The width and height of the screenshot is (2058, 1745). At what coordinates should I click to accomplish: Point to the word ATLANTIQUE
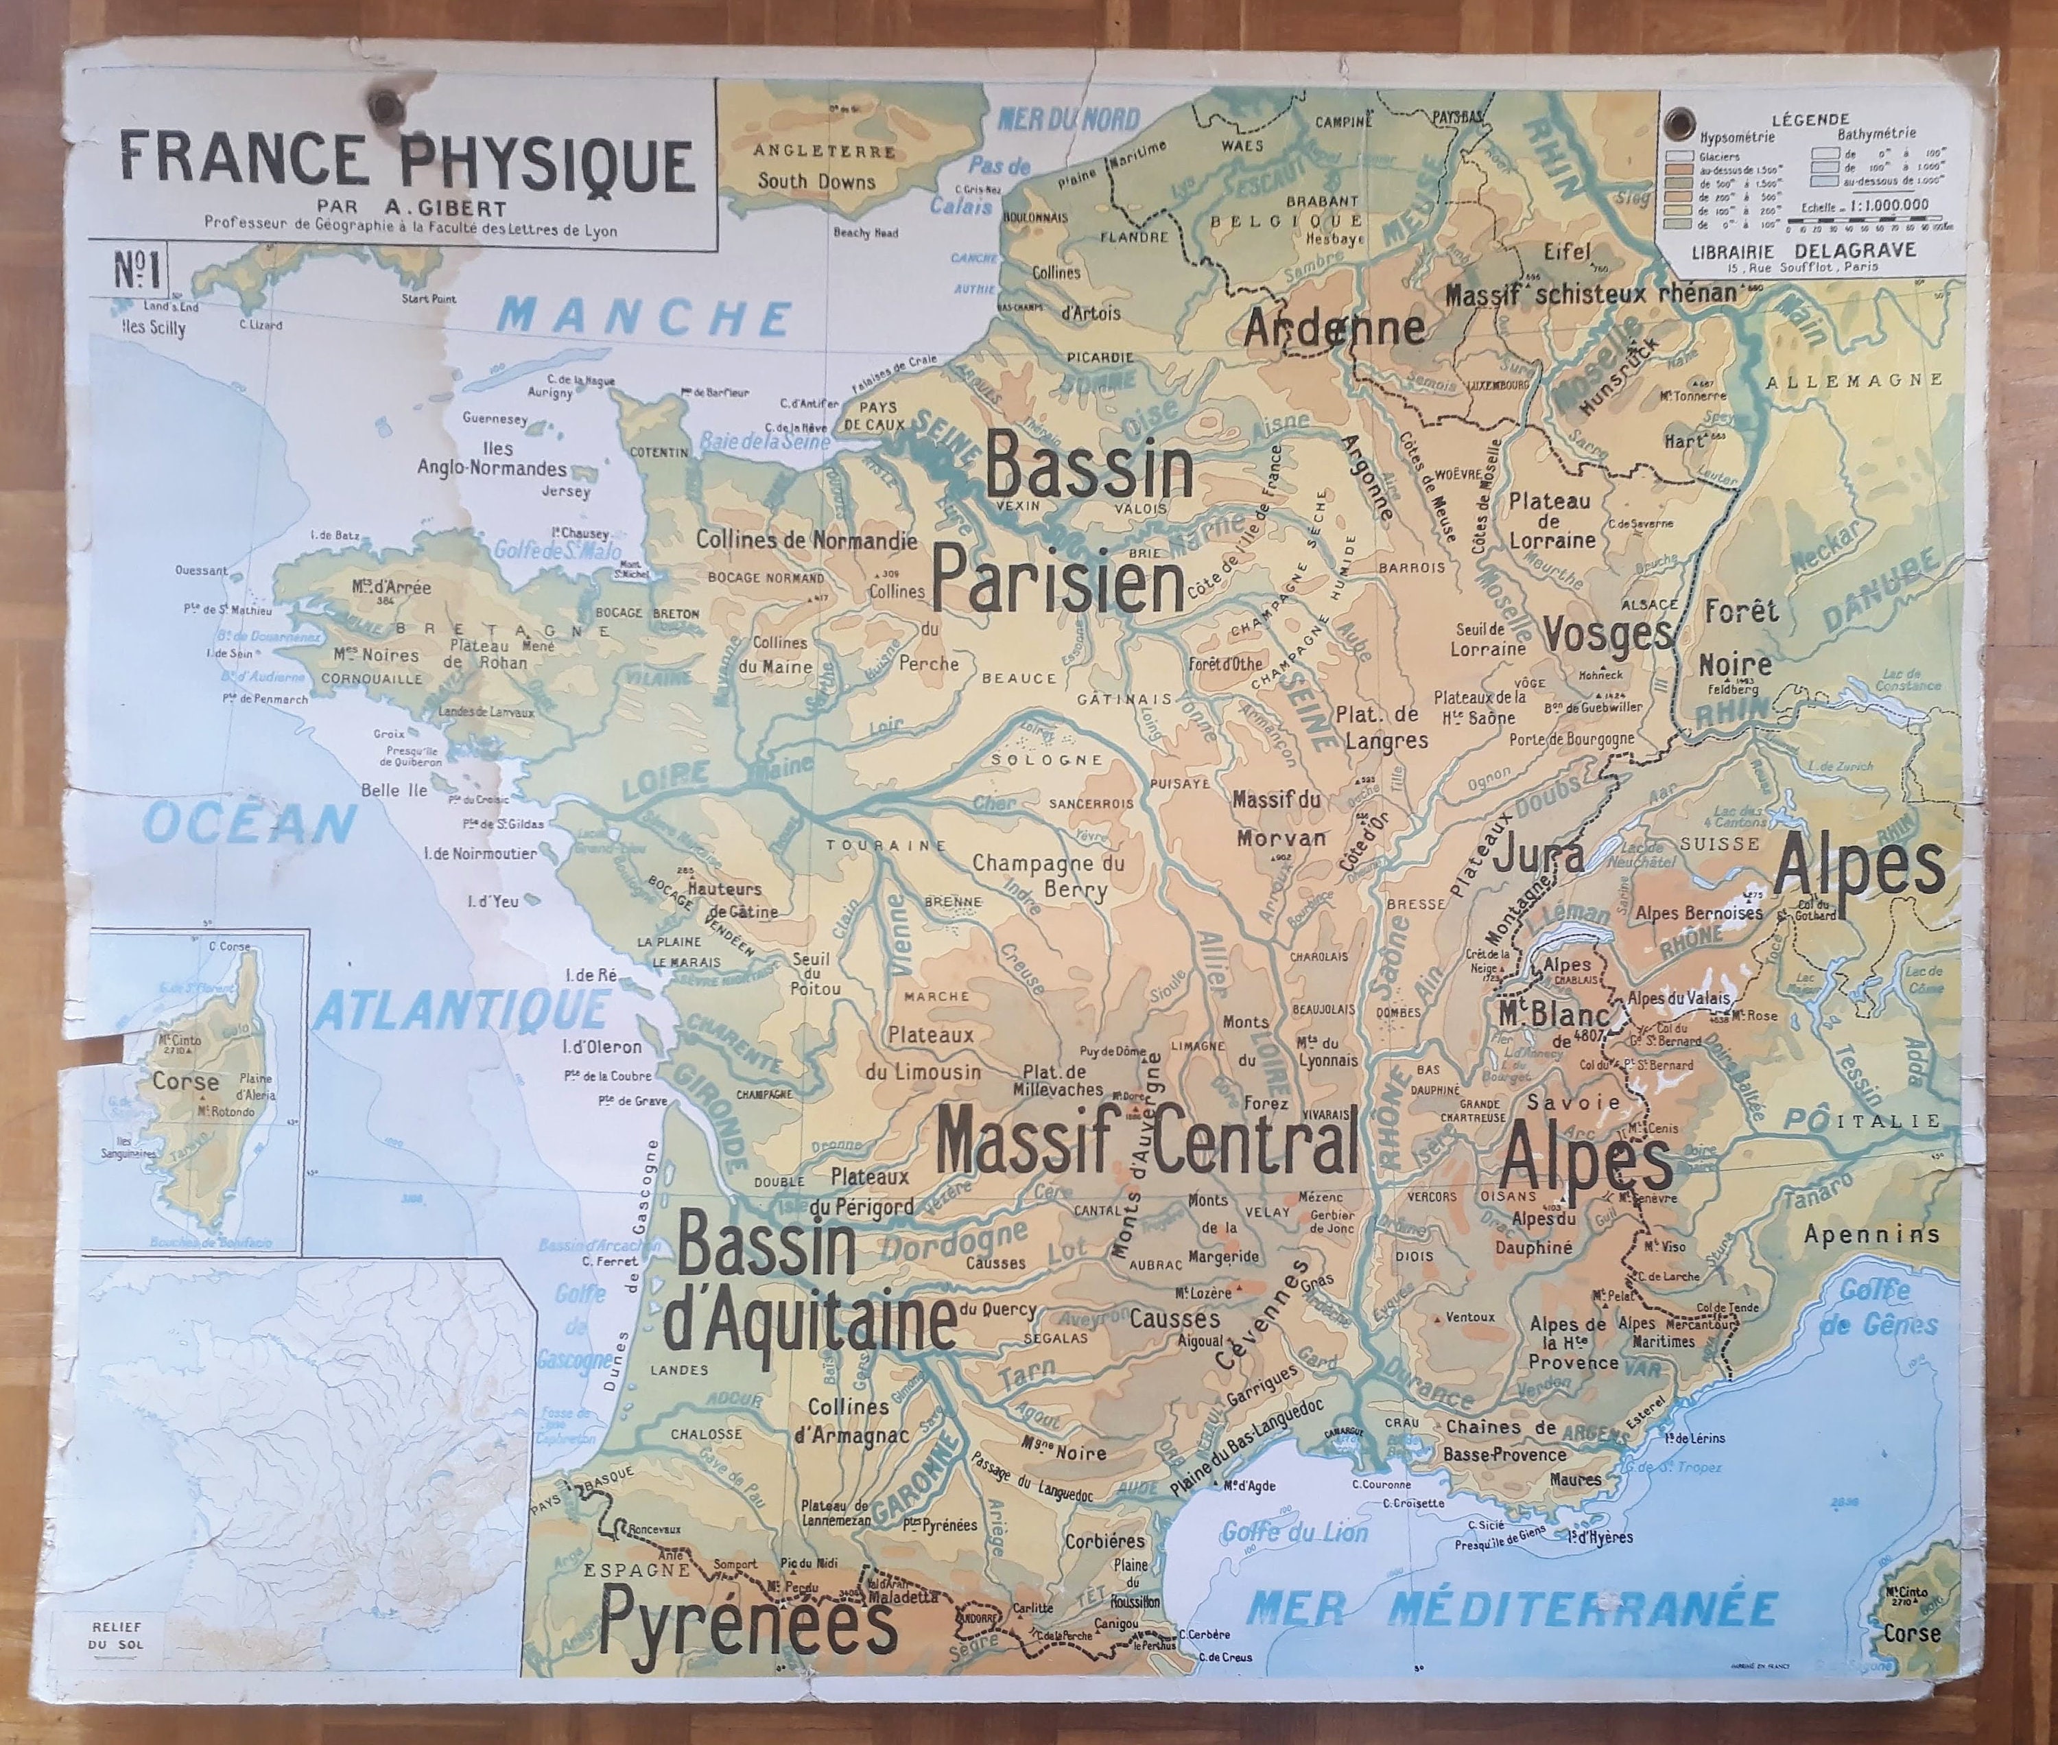coord(463,1011)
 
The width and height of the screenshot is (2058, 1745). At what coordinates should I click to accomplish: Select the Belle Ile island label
coord(394,789)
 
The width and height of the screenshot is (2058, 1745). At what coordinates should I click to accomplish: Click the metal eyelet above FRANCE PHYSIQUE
coord(380,104)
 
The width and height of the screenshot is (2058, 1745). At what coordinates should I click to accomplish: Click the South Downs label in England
coord(817,181)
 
